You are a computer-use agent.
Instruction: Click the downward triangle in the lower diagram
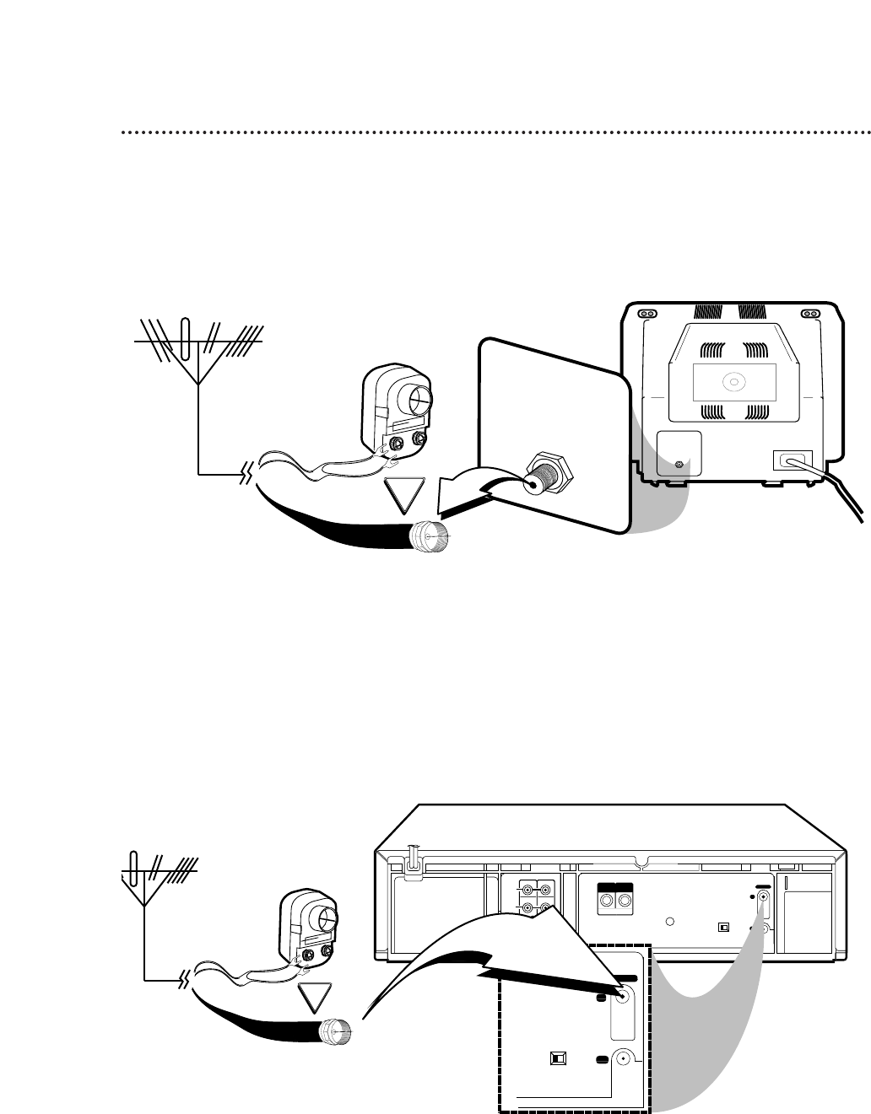pos(313,999)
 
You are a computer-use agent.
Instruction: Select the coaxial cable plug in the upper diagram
pos(431,536)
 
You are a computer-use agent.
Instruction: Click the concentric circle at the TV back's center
pos(733,381)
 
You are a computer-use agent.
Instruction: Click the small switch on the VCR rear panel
pos(722,927)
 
